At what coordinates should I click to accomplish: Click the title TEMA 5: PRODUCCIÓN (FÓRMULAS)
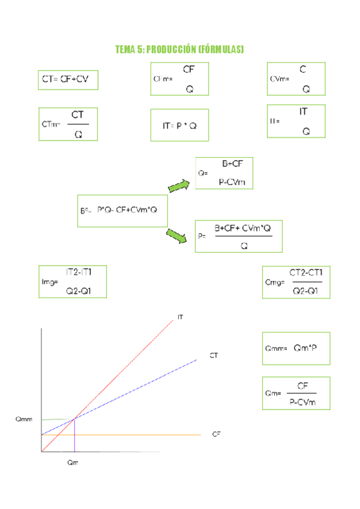tap(179, 49)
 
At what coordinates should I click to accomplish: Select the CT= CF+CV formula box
tap(68, 79)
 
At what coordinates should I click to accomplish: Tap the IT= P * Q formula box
tap(179, 125)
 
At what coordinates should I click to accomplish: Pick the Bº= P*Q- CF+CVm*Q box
tap(122, 211)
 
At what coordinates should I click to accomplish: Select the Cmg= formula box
tap(296, 282)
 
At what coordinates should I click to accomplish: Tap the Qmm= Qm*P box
tap(296, 348)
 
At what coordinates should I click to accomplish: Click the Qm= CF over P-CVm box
tap(296, 393)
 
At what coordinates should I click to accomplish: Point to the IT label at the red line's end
tap(179, 317)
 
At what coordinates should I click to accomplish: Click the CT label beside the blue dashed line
tap(213, 356)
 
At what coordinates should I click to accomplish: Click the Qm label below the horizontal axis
tap(72, 463)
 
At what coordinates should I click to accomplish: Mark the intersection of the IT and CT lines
tap(74, 419)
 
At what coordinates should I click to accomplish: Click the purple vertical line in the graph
tap(74, 437)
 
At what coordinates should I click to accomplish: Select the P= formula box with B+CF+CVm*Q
tap(239, 236)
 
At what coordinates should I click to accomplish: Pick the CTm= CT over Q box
tap(68, 124)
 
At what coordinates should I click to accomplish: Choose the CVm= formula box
tap(296, 79)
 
